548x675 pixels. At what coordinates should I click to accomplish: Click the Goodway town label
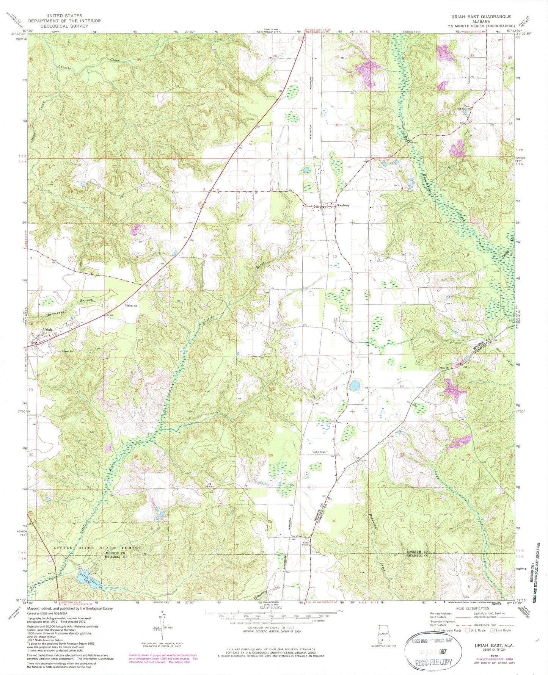pos(343,205)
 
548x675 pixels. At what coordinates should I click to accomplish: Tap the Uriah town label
pos(47,329)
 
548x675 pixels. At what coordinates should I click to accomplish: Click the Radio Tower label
pos(320,452)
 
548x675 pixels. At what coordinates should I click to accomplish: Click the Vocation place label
pos(297,536)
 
